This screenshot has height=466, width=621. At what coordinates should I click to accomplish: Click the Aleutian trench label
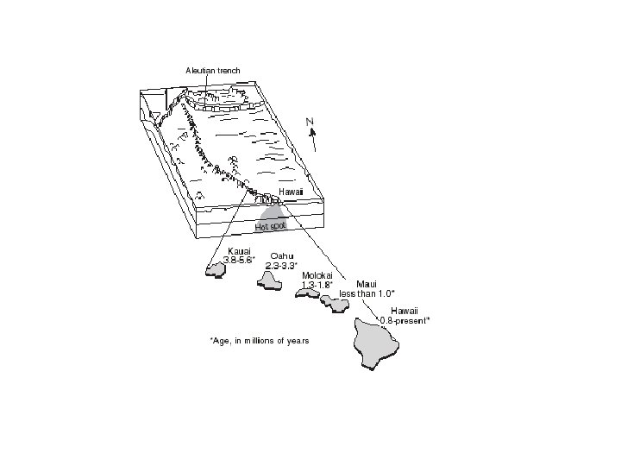(212, 70)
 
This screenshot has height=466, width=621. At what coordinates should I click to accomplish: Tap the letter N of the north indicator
(310, 121)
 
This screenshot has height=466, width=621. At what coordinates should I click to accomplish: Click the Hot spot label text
(271, 225)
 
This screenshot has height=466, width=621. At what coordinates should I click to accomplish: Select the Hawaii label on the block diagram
(291, 191)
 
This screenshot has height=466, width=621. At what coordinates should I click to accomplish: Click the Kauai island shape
(216, 271)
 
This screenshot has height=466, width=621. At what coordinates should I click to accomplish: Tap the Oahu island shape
(274, 280)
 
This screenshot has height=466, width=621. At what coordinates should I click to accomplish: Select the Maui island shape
(333, 302)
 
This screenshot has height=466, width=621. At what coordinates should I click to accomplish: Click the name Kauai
(239, 251)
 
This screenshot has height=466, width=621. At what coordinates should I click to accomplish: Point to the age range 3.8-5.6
(239, 260)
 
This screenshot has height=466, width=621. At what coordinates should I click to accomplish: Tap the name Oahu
(282, 255)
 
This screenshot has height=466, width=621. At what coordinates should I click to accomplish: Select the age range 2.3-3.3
(282, 265)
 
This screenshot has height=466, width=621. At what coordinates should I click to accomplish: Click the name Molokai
(317, 275)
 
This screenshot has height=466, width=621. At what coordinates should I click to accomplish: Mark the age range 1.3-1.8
(317, 284)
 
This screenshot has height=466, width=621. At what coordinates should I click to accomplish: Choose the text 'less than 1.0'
(367, 293)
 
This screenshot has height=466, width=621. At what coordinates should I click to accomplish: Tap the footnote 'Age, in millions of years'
(259, 341)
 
